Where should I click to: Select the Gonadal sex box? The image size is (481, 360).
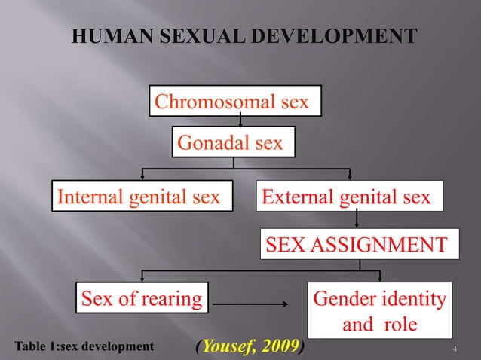(x=234, y=142)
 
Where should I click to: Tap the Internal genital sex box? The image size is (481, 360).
(x=141, y=197)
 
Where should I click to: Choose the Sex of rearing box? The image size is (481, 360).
(x=142, y=299)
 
